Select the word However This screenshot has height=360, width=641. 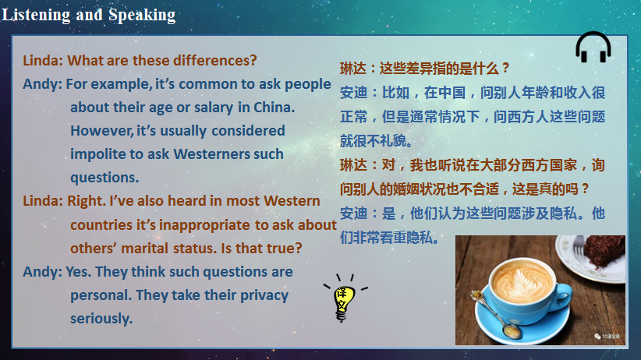coord(101,130)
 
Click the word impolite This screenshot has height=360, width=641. coord(100,154)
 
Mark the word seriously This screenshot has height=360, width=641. coord(101,319)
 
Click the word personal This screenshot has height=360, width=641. coord(101,295)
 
